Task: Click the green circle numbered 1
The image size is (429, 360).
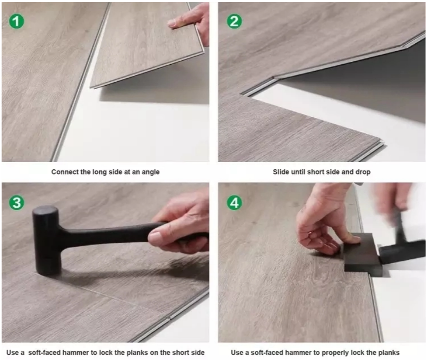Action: (17, 21)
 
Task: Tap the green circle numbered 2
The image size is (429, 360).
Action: (234, 21)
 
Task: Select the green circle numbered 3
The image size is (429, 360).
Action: (17, 203)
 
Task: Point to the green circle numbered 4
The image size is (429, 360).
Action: (234, 203)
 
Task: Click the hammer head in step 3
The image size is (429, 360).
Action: (47, 240)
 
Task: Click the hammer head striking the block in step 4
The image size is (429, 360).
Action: (400, 253)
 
